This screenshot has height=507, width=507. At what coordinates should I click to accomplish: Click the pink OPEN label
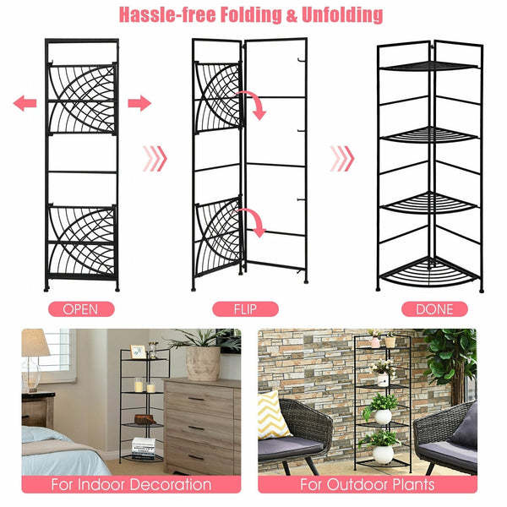point(80,309)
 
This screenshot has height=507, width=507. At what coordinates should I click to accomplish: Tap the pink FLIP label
point(250,309)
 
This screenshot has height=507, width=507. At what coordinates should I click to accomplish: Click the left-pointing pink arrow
point(25,103)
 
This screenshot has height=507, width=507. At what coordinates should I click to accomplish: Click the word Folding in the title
point(243,15)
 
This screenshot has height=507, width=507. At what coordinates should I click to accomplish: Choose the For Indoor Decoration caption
point(131,485)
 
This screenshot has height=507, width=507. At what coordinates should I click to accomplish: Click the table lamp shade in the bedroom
point(35,344)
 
